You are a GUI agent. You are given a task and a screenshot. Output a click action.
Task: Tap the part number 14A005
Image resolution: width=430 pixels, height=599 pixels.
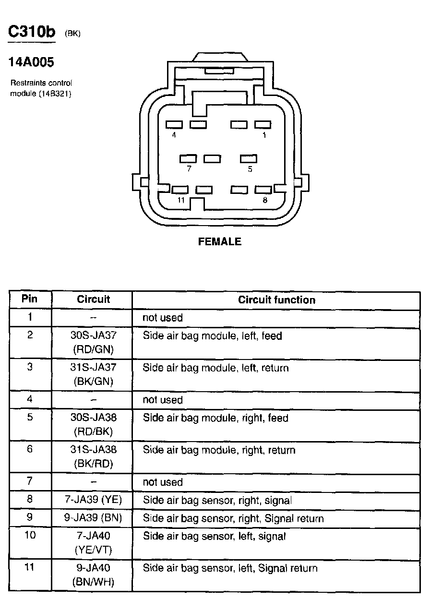tap(31, 62)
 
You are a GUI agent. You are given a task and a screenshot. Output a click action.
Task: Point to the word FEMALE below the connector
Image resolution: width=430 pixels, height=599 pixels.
tap(220, 241)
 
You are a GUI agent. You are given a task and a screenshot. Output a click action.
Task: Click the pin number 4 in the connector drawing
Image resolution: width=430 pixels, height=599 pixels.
tap(174, 135)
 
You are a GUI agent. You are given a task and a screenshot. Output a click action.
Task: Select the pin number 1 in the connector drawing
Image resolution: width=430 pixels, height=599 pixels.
tap(264, 135)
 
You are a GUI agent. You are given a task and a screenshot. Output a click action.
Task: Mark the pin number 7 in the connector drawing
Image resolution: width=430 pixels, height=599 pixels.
tap(189, 169)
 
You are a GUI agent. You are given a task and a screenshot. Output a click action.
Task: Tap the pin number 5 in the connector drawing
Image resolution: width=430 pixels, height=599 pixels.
tap(250, 169)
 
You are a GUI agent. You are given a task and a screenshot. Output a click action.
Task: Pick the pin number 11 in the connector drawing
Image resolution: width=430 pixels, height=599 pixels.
tap(180, 200)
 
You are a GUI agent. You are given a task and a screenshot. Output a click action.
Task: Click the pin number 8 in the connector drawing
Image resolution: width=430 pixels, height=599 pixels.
tap(265, 200)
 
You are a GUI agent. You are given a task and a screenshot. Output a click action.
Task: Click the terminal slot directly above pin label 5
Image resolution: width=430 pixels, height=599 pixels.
tap(249, 158)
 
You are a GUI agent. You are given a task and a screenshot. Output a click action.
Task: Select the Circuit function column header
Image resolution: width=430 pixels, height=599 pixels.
tap(276, 300)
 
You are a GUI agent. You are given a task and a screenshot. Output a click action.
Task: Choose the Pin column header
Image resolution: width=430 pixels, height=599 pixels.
tap(30, 299)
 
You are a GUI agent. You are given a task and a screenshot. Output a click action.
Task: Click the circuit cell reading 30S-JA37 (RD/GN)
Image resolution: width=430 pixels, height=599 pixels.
tap(93, 342)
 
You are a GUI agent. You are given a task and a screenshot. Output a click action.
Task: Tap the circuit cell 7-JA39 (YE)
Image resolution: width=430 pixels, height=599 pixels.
tap(93, 500)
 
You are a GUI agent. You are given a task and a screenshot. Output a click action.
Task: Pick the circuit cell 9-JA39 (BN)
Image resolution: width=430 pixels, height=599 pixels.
tap(93, 518)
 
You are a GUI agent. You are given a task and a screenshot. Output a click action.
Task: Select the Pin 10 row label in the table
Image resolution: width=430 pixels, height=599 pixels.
tap(30, 535)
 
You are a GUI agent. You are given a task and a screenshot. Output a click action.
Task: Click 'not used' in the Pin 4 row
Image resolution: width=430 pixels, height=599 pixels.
tap(163, 400)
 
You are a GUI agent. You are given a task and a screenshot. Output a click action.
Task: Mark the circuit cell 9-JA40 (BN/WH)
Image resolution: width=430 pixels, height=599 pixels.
tap(93, 575)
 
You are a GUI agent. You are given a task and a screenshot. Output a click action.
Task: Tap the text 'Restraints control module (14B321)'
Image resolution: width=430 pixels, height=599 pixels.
tap(41, 88)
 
